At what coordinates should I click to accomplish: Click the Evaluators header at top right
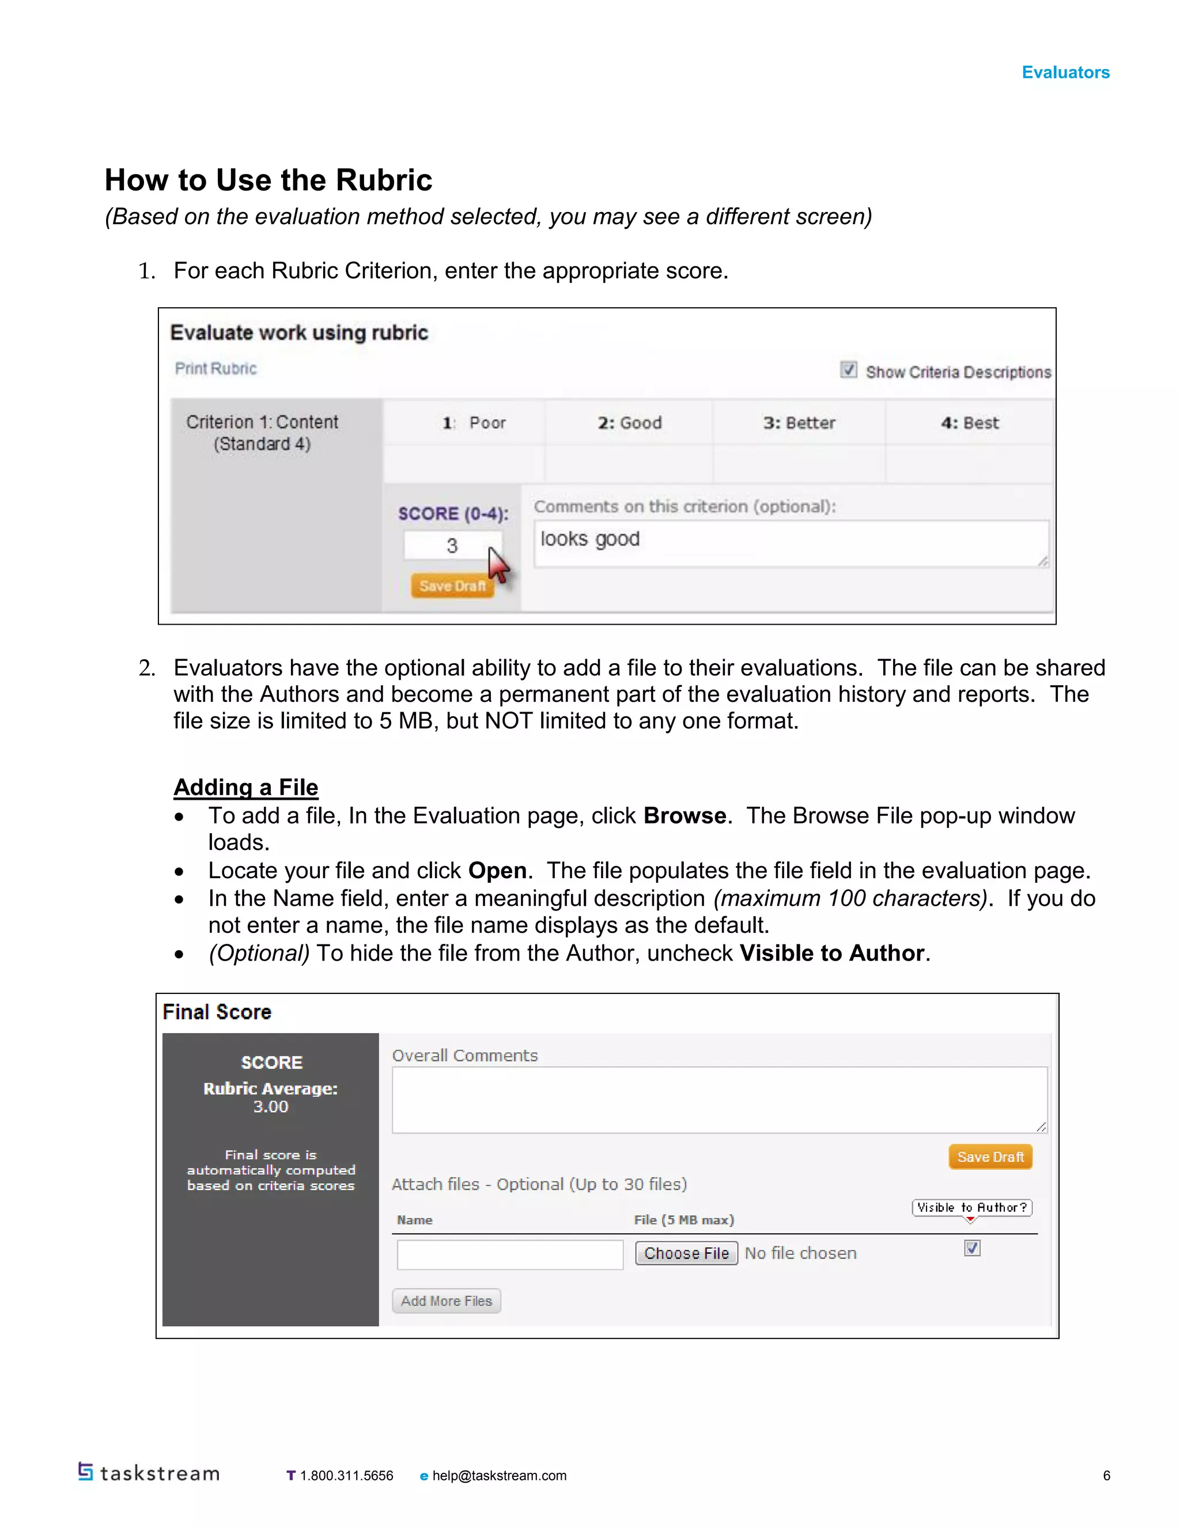tap(1065, 72)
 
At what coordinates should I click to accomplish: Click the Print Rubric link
tap(215, 368)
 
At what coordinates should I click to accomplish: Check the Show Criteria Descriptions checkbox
tap(848, 370)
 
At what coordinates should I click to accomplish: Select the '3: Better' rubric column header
tap(799, 423)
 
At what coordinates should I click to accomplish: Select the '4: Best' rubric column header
tap(970, 423)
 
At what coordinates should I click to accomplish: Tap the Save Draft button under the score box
tap(452, 586)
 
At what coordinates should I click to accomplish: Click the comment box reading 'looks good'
tap(790, 543)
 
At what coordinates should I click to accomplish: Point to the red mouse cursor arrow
tap(498, 564)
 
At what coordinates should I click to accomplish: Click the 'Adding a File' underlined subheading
tap(245, 787)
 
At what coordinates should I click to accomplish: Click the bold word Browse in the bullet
tap(684, 816)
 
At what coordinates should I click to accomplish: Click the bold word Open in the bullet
tap(497, 871)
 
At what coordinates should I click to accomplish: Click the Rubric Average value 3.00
tap(271, 1107)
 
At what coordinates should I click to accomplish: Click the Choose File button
tap(686, 1253)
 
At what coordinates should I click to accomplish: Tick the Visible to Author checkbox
tap(971, 1248)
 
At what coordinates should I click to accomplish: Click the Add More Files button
tap(446, 1301)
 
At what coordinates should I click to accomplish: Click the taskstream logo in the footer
tap(149, 1473)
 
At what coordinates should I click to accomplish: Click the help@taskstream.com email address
tap(498, 1475)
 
